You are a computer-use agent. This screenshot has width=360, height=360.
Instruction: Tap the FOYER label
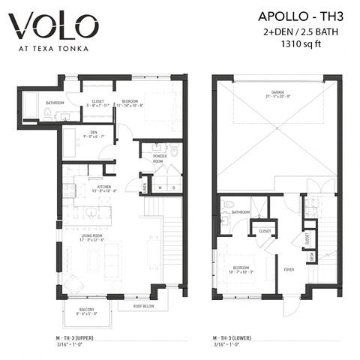click(x=288, y=267)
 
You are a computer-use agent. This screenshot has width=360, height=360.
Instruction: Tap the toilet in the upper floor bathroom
click(x=46, y=114)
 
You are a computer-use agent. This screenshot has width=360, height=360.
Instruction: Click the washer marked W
click(x=160, y=187)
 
